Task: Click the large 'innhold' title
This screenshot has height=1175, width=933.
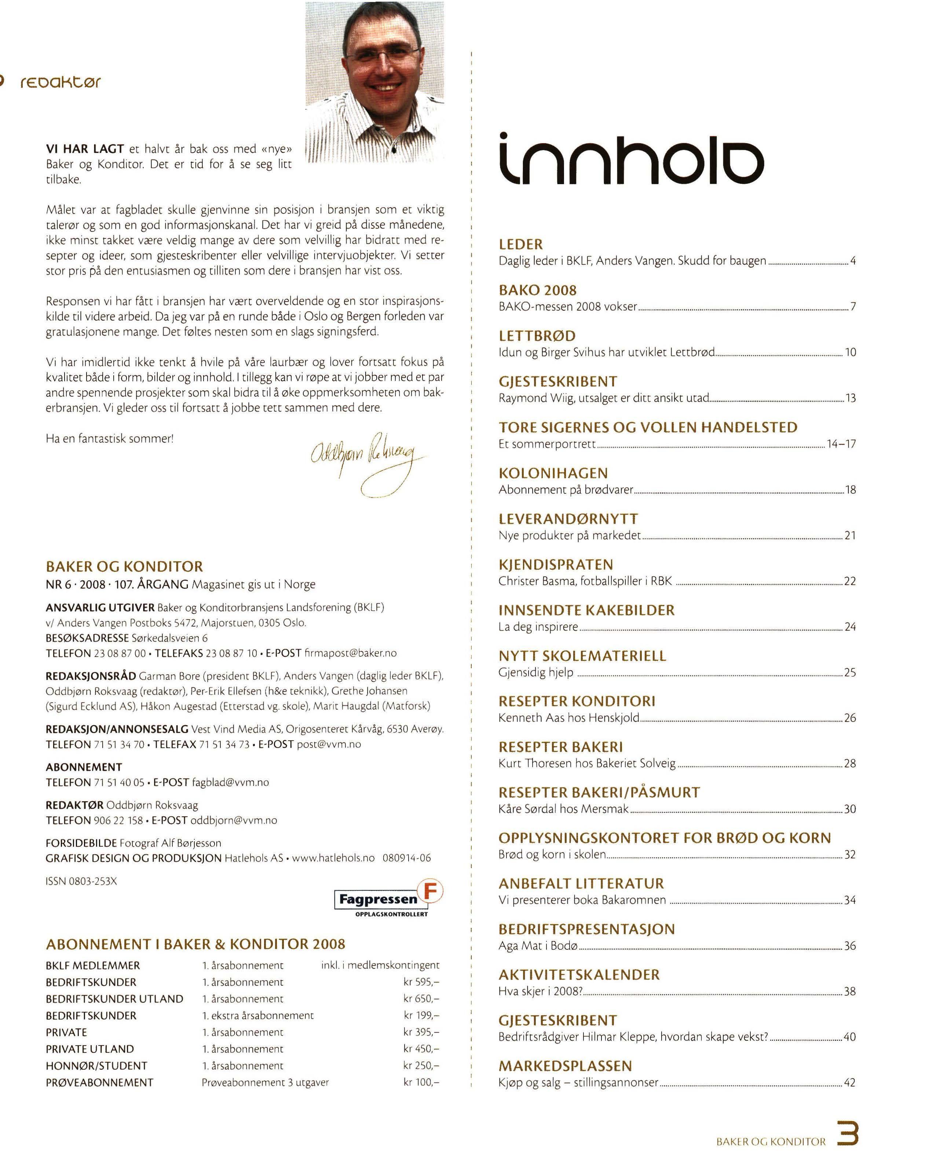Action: [631, 159]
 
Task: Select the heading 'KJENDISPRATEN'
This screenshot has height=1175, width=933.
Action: [555, 565]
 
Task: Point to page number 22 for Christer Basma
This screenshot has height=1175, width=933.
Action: [850, 581]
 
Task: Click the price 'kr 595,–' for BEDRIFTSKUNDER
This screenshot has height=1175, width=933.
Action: [421, 982]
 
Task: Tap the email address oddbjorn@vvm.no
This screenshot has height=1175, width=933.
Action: [233, 820]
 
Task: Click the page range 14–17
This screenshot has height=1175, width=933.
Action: [841, 444]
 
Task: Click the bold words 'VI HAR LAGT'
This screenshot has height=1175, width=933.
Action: [85, 149]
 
